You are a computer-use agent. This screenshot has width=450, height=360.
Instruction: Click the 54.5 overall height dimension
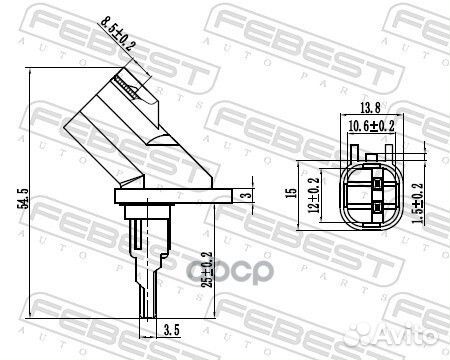click(x=24, y=199)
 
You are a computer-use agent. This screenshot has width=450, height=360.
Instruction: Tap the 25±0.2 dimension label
click(x=207, y=269)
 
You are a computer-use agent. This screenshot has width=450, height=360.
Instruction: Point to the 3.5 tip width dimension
click(x=172, y=330)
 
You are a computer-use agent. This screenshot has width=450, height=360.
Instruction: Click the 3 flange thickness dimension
click(x=247, y=194)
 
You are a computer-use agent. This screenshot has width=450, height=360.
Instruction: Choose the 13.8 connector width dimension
click(x=370, y=107)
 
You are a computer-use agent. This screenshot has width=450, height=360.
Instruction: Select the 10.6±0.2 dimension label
click(x=371, y=126)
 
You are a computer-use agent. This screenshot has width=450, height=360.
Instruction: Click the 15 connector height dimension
click(x=292, y=193)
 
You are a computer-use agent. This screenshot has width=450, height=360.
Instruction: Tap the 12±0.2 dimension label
click(x=313, y=195)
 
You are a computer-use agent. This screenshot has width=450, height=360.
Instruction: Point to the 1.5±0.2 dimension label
click(x=418, y=203)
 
